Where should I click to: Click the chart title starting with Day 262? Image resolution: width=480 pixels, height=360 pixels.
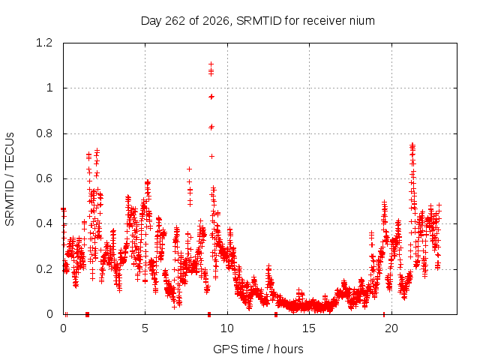coord(258,21)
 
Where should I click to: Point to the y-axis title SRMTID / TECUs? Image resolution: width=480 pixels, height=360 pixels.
coord(10,179)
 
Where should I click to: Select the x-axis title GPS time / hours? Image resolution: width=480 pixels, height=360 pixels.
coord(258,349)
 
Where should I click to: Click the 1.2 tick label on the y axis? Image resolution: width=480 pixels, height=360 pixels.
coord(44,43)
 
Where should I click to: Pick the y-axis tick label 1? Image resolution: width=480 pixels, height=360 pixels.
coord(49,88)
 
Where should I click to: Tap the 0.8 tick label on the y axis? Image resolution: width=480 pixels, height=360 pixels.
coord(44,133)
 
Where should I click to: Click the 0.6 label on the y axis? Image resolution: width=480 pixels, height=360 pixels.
coord(44,178)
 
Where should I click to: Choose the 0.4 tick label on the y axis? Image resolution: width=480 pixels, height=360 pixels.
coord(44,223)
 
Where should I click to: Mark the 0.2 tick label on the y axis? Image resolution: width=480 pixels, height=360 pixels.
coord(44,269)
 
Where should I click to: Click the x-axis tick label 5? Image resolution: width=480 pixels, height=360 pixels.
coord(145,328)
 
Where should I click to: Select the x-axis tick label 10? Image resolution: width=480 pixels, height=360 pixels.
coord(227,328)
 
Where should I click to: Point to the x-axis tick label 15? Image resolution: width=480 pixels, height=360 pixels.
coord(309,328)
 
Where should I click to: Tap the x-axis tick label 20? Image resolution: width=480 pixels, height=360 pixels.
coord(391,328)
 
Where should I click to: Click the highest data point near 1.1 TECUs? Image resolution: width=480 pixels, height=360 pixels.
coord(211,64)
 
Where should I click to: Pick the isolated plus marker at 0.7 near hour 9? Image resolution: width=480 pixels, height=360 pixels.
coord(211,157)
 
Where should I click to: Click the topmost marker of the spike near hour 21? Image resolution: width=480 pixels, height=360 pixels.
coord(412,145)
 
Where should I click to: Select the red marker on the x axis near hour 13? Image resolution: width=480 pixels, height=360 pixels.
coord(276,314)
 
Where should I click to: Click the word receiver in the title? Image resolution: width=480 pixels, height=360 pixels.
coord(323,21)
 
